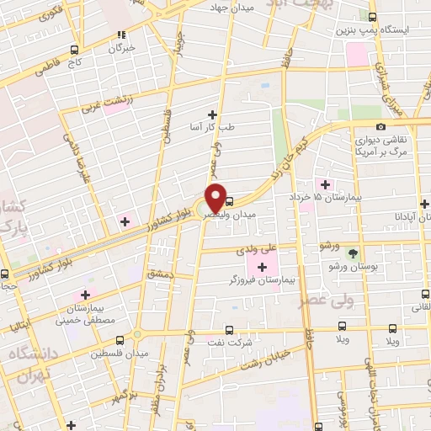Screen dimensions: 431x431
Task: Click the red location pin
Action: pos(215,198)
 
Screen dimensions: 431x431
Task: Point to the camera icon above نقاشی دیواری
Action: pos(380,127)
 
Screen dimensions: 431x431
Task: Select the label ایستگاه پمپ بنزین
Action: pos(396,29)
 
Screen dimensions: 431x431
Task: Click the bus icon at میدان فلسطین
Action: pos(120,339)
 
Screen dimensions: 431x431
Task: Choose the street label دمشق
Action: pos(157,274)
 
